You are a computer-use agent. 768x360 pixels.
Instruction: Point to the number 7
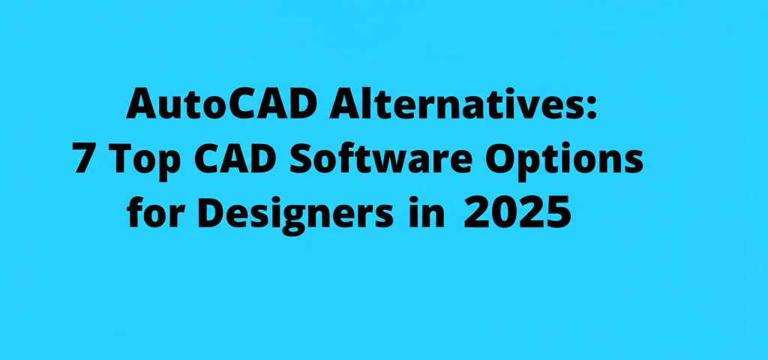[x=83, y=159]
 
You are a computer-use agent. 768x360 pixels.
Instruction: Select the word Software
[x=379, y=159]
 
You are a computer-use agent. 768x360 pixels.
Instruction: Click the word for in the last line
[x=150, y=214]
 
